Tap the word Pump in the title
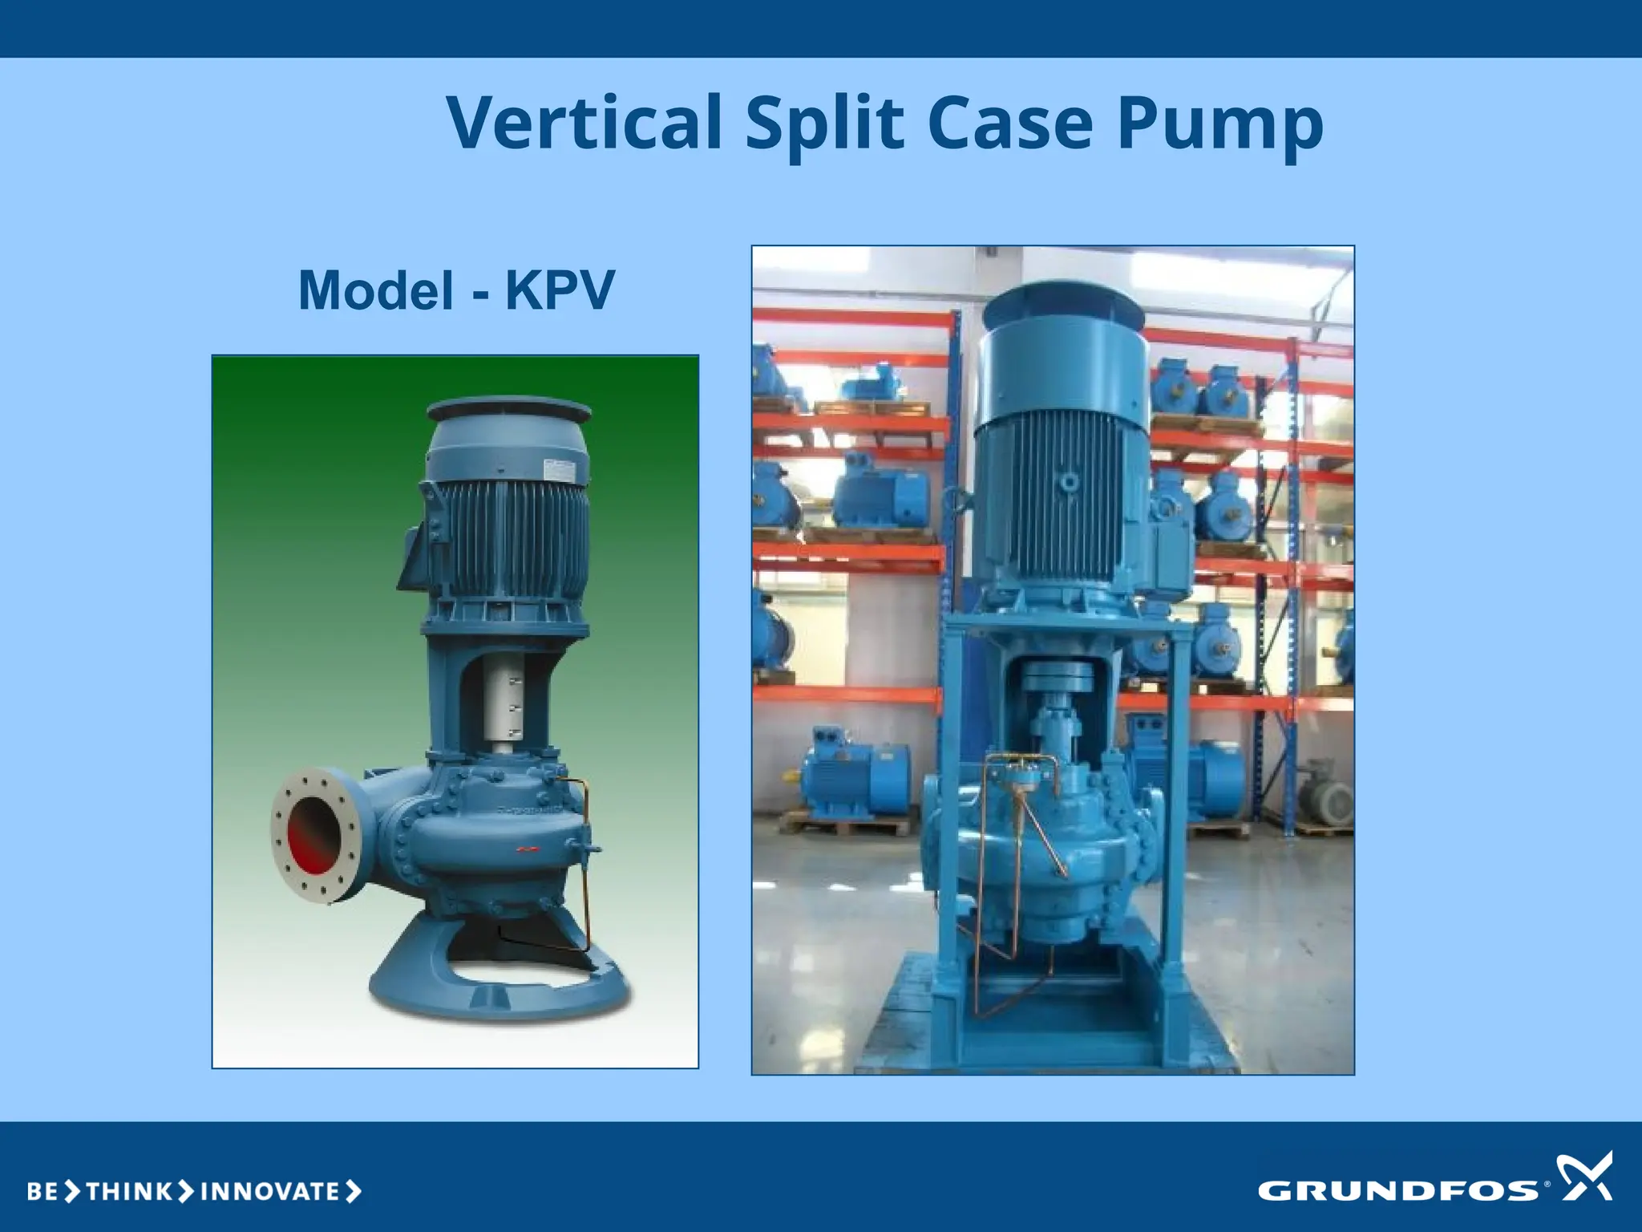(x=1219, y=124)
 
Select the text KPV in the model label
(x=560, y=290)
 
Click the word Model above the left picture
(x=376, y=290)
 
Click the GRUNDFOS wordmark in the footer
(x=1398, y=1189)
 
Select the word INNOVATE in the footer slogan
(x=269, y=1191)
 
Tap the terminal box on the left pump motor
(x=413, y=553)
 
